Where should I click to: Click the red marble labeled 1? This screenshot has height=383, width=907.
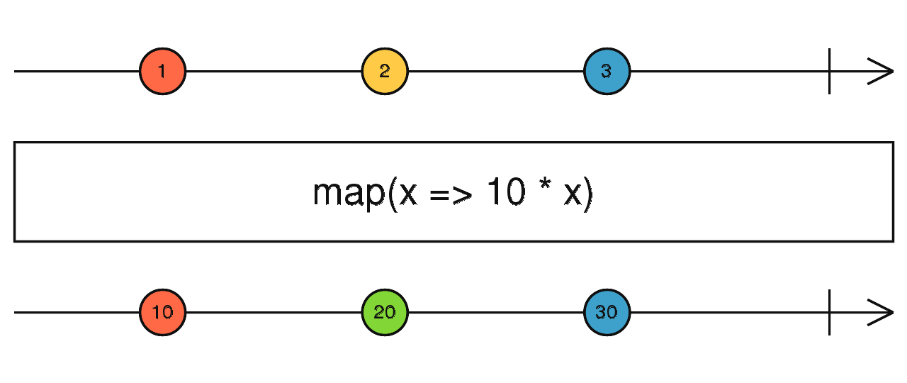coord(162,72)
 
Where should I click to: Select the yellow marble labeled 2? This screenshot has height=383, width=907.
coord(385,72)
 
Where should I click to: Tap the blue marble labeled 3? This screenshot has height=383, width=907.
coord(607,72)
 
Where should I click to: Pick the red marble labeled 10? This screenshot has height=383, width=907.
coord(162,313)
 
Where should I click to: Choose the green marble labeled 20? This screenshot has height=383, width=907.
coord(385,313)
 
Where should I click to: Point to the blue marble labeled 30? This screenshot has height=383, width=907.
coord(607,313)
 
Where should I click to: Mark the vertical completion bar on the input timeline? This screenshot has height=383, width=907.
coord(830,72)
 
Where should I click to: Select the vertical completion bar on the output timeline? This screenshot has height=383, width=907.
coord(830,313)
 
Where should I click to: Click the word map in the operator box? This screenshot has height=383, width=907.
coord(347,193)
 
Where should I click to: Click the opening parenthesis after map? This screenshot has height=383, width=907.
coord(392,194)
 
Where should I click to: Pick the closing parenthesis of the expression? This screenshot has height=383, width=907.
coord(588,194)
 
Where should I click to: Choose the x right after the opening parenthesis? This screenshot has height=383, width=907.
coord(407,195)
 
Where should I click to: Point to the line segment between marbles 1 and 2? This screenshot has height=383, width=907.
coord(274,72)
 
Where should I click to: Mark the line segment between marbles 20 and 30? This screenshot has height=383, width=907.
coord(496,313)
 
